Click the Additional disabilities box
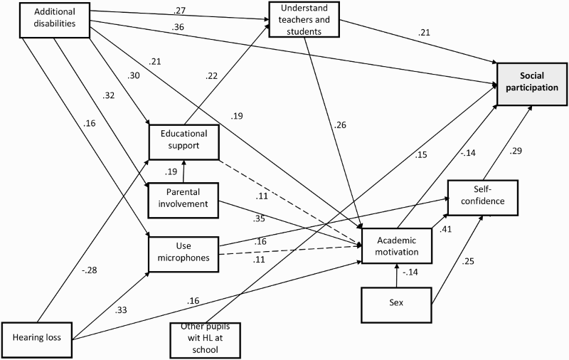point(55,20)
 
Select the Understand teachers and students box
point(304,20)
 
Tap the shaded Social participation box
point(532,84)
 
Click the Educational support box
point(184,142)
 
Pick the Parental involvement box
point(184,201)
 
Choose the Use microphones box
point(184,255)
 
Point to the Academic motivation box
point(397,245)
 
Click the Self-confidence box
point(483,198)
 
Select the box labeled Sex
point(396,305)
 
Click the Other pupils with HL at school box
point(206,340)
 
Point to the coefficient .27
point(179,11)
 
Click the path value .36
point(179,27)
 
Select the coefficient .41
point(445,229)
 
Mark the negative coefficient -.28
point(89,270)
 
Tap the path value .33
point(121,310)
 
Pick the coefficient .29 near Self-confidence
point(515,151)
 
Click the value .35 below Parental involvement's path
point(260,219)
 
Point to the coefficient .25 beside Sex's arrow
point(468,261)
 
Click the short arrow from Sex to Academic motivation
point(397,276)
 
